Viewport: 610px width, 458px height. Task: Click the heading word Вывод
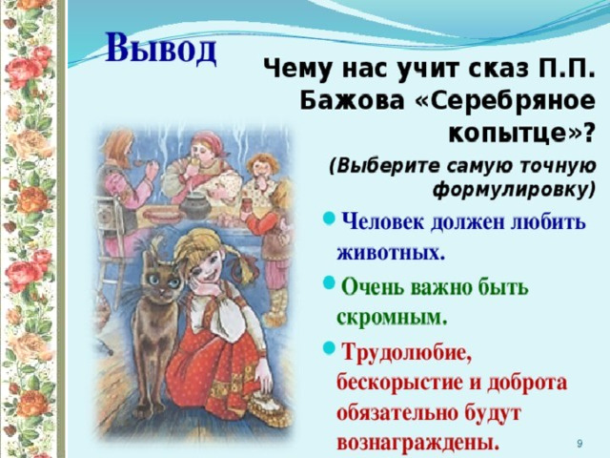click(x=161, y=49)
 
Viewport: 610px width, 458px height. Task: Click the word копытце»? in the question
click(x=522, y=135)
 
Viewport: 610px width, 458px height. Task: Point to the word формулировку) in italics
click(x=515, y=190)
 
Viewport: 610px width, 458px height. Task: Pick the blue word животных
click(x=391, y=253)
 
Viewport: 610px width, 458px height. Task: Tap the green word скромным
click(x=392, y=318)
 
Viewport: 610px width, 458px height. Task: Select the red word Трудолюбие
click(x=406, y=353)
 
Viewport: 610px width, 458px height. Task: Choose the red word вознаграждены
click(x=417, y=442)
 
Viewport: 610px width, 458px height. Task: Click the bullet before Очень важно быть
click(x=329, y=283)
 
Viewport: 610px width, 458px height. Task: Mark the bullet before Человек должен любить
click(x=329, y=219)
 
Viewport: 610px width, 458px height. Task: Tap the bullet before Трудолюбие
click(x=329, y=348)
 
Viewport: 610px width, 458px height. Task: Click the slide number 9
click(x=579, y=443)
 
